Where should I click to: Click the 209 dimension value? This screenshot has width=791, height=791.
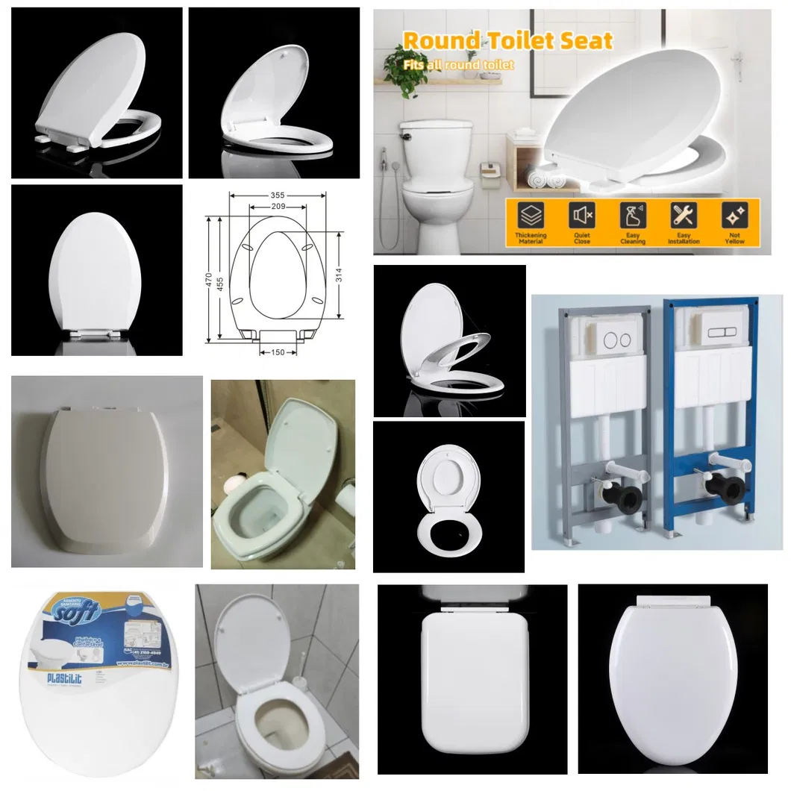(x=278, y=207)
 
